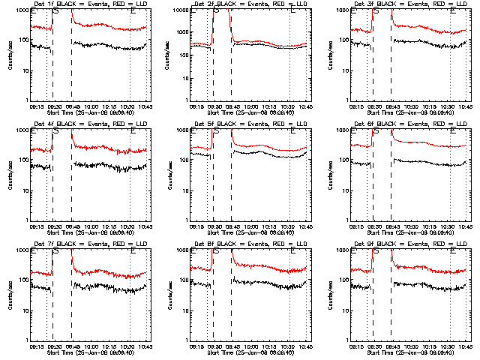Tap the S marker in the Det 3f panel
point(375,12)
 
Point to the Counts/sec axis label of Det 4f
point(10,175)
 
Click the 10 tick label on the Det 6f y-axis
point(344,190)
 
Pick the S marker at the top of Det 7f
point(55,252)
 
